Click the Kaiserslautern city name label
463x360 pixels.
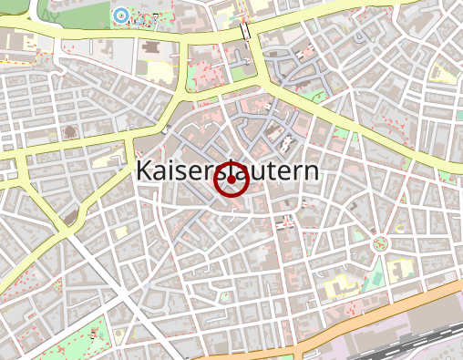(x=228, y=170)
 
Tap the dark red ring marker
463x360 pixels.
(x=231, y=180)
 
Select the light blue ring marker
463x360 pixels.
(x=120, y=15)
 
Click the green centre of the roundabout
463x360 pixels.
(x=380, y=243)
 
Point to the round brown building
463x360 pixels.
(x=69, y=133)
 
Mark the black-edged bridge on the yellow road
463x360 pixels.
(x=246, y=31)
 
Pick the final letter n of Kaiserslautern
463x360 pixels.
(x=312, y=172)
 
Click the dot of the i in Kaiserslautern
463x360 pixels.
(x=173, y=161)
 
